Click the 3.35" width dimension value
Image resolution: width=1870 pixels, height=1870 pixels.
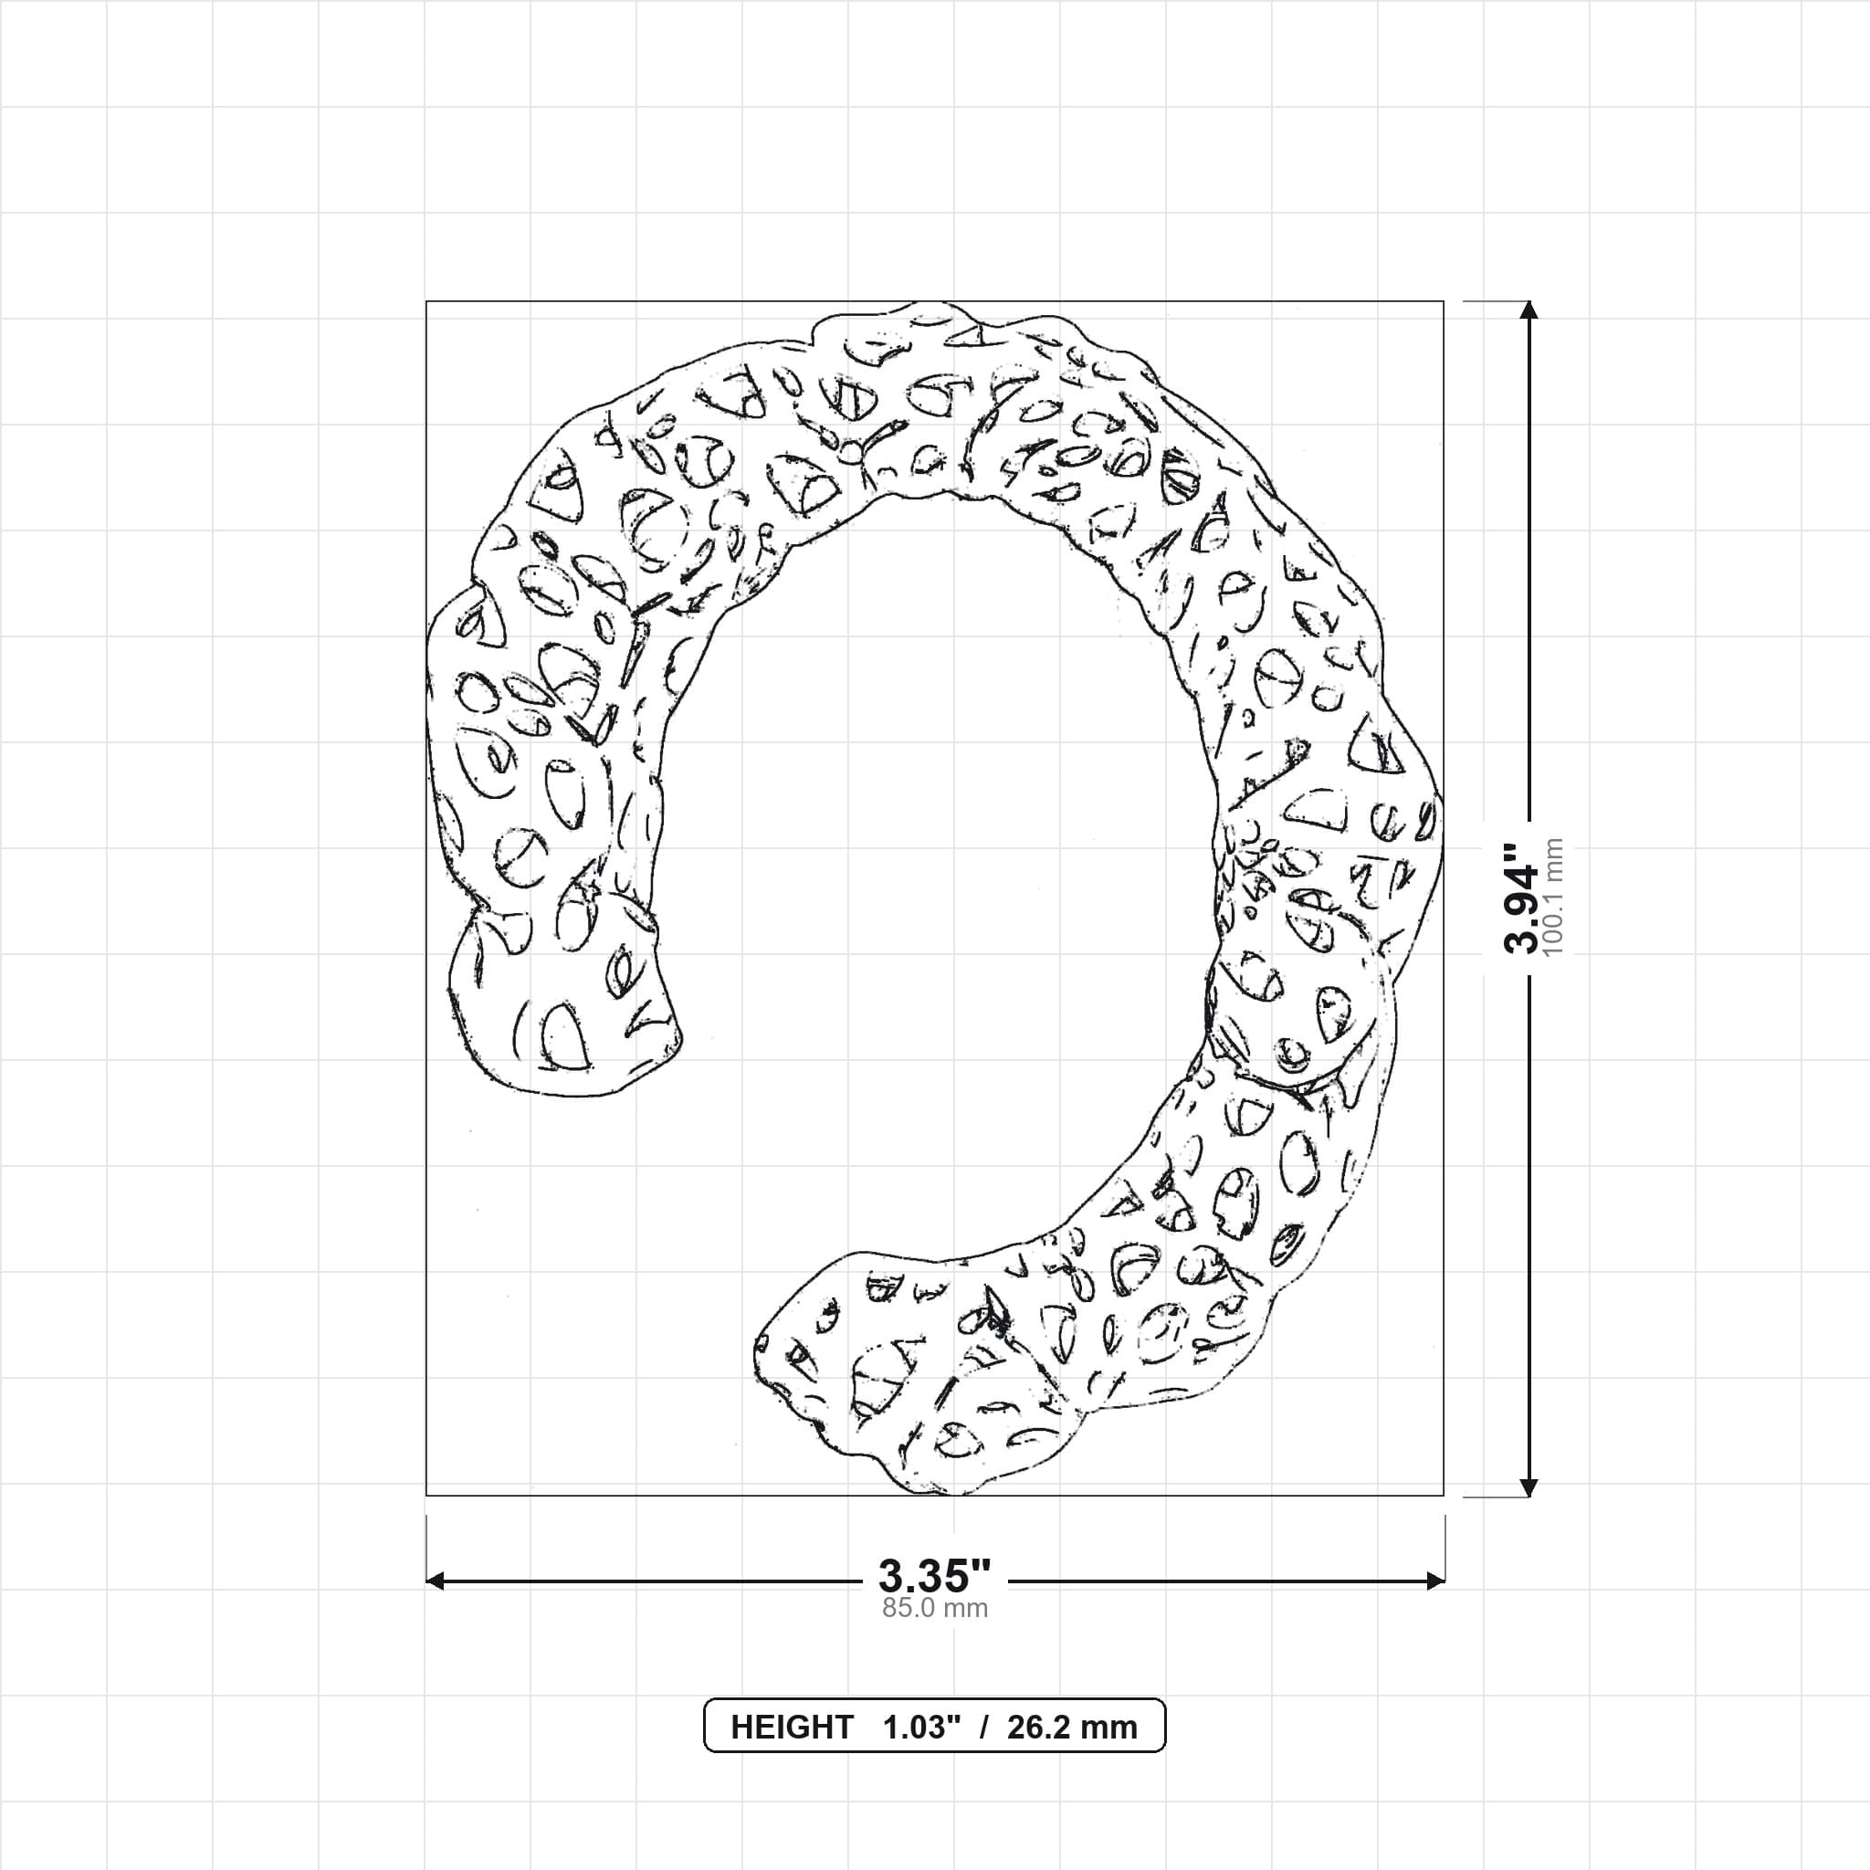click(x=934, y=1577)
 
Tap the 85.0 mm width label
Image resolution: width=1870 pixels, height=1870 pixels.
click(x=934, y=1609)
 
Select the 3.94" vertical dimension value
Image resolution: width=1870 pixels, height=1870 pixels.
click(x=1521, y=898)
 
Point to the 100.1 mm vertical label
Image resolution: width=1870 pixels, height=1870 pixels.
click(x=1553, y=898)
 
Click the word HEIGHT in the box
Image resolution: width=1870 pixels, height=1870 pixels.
click(x=792, y=1727)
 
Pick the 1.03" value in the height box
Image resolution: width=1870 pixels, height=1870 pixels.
click(x=921, y=1727)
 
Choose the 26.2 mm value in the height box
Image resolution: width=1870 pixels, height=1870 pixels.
click(x=1071, y=1727)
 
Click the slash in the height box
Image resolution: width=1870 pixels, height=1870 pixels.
click(x=983, y=1727)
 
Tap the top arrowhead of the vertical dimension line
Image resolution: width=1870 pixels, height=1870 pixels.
click(x=1529, y=310)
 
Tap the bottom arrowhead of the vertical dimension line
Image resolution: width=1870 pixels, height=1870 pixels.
click(x=1529, y=1487)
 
